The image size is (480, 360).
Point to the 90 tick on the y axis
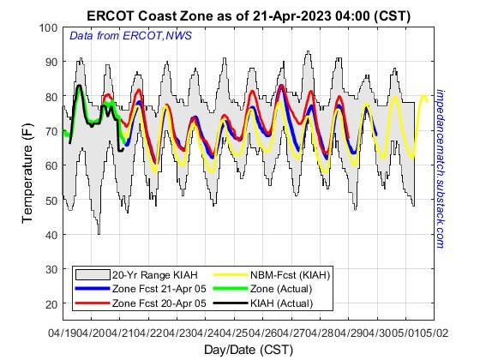[x=50, y=63]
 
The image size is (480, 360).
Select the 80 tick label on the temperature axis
[x=50, y=97]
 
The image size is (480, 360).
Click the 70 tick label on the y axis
[x=50, y=131]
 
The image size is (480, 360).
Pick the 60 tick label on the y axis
[x=50, y=165]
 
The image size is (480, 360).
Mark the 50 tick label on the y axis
[x=50, y=201]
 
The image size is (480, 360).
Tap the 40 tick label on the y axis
[x=50, y=235]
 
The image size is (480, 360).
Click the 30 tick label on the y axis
[x=50, y=269]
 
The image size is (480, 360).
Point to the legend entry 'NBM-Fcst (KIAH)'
[x=291, y=274]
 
